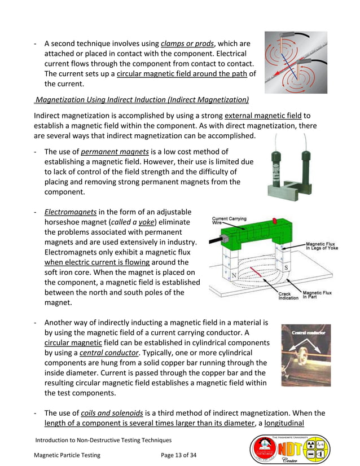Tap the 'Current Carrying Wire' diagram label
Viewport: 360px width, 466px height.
(229, 221)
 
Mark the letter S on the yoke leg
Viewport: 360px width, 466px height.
(286, 266)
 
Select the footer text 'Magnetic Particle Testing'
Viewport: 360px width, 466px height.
(67, 455)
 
